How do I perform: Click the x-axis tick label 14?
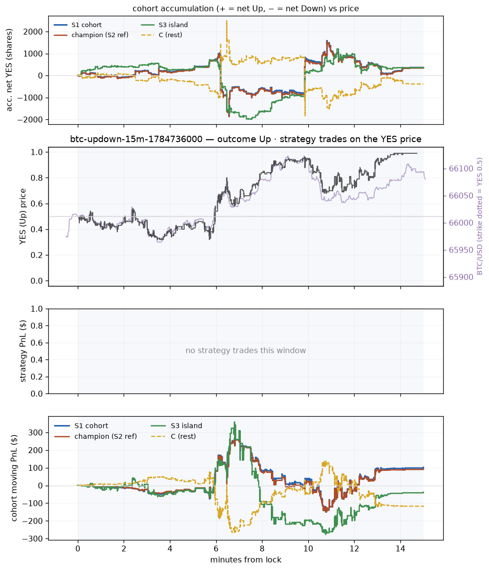click(400, 549)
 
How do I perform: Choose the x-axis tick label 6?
click(216, 549)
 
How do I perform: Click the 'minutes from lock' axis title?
click(246, 560)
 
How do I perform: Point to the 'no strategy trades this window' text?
click(246, 351)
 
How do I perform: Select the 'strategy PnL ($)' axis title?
click(23, 351)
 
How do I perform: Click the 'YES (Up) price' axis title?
click(23, 216)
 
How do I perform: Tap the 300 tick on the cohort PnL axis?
click(36, 432)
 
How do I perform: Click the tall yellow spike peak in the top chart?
click(227, 21)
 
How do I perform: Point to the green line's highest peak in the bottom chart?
click(234, 422)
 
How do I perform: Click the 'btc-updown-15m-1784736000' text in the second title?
click(136, 139)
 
